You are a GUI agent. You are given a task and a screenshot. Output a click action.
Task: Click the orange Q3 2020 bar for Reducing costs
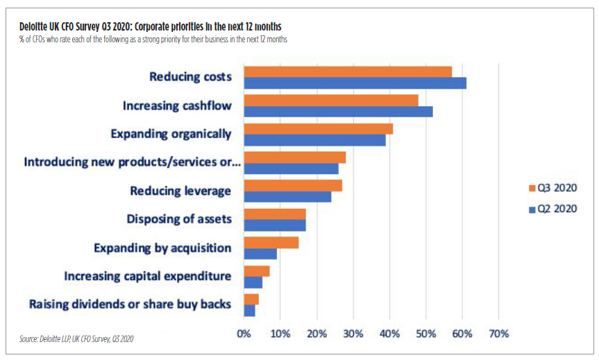click(347, 72)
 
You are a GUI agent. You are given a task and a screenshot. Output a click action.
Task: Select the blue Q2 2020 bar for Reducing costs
click(355, 83)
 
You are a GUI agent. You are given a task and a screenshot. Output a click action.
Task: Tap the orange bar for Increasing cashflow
click(330, 101)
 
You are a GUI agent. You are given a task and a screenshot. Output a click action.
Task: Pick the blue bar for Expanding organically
click(314, 140)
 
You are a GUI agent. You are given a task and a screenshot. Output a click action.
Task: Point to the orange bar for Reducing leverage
click(292, 186)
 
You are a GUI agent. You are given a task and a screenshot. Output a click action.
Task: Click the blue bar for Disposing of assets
click(274, 225)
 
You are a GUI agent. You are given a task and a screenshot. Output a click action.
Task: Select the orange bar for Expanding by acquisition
click(271, 243)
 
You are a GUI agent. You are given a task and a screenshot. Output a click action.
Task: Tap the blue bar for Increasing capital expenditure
click(253, 282)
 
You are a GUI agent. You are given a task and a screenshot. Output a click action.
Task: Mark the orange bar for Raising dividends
click(251, 300)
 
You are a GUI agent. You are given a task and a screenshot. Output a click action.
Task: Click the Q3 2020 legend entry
click(552, 187)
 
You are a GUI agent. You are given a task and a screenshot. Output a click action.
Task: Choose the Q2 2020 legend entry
click(552, 207)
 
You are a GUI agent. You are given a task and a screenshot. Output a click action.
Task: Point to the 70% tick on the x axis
click(498, 334)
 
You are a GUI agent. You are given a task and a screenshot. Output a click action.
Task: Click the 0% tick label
click(244, 334)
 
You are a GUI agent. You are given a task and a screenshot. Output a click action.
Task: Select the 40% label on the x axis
click(389, 334)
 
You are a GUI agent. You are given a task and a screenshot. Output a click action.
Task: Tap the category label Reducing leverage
click(180, 191)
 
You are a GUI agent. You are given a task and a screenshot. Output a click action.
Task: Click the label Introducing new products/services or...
click(132, 162)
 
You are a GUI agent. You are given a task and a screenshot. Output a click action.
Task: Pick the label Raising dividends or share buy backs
click(130, 305)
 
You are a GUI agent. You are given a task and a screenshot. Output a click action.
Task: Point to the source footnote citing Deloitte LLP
click(76, 339)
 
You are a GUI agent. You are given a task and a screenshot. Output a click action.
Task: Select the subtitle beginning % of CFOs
click(153, 40)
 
